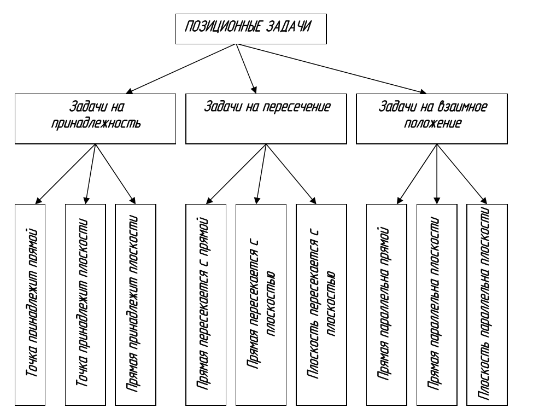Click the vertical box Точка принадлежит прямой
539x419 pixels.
36,304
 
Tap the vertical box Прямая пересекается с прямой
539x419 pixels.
205,304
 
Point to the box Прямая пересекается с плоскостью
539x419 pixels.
260,304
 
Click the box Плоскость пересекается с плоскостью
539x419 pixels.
321,304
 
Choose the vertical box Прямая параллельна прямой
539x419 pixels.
386,304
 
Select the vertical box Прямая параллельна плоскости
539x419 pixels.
436,304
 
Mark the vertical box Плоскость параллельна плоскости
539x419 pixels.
486,304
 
